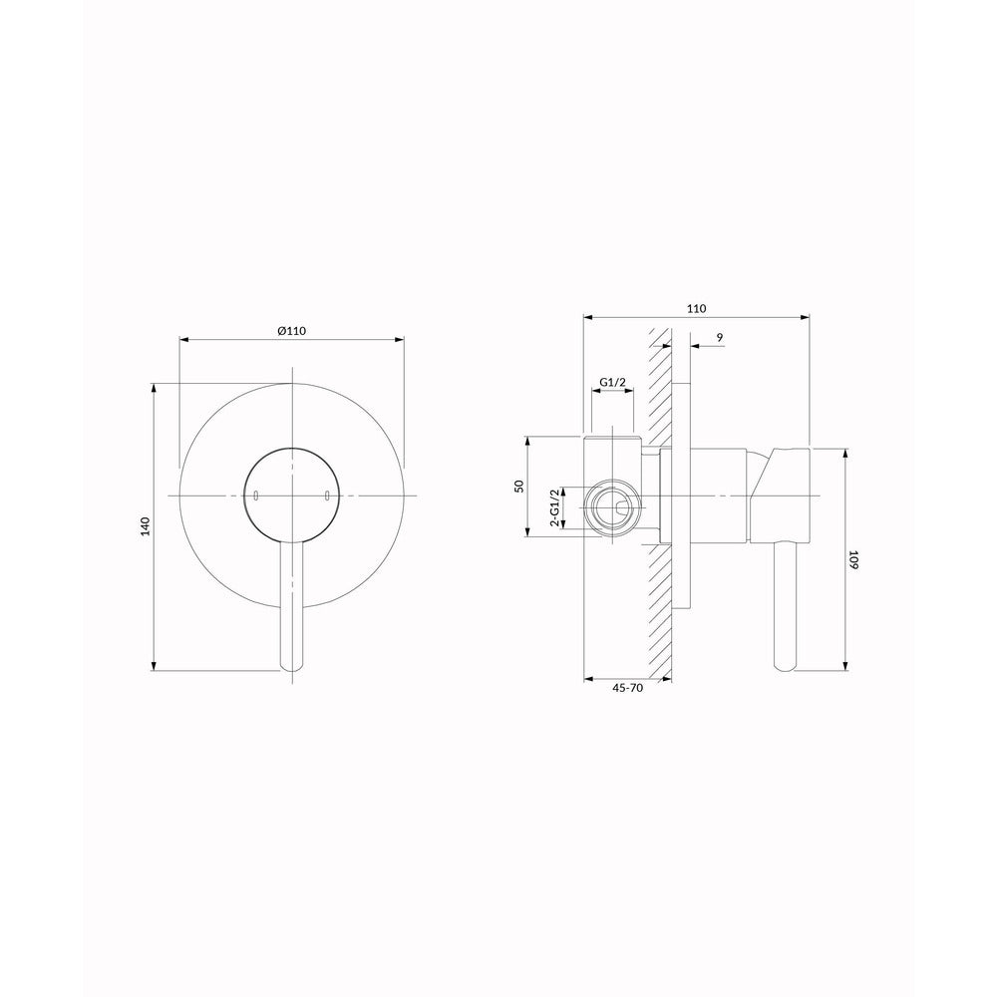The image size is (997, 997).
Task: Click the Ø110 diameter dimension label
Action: [292, 331]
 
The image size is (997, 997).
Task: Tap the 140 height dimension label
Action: [145, 527]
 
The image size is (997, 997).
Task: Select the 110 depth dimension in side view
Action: [697, 308]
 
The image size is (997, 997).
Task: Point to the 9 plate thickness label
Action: [720, 337]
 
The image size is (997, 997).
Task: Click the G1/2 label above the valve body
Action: [613, 382]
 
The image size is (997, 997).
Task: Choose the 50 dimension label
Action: [518, 486]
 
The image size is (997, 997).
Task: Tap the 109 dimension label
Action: [853, 560]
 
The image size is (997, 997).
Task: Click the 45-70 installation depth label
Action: [628, 688]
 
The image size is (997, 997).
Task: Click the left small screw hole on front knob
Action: [255, 495]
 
